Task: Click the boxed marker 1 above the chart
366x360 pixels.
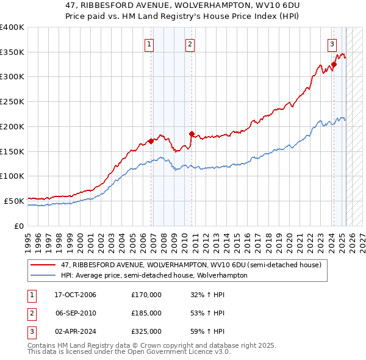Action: click(149, 43)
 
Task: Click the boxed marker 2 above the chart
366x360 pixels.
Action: click(190, 43)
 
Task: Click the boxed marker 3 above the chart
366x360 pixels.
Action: click(332, 43)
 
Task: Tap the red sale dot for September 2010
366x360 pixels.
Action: click(192, 134)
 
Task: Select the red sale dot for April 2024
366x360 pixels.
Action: click(334, 64)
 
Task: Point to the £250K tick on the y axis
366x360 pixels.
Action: click(12, 102)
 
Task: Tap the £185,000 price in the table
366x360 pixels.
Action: click(146, 313)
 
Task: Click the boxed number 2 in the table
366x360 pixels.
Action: click(30, 313)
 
